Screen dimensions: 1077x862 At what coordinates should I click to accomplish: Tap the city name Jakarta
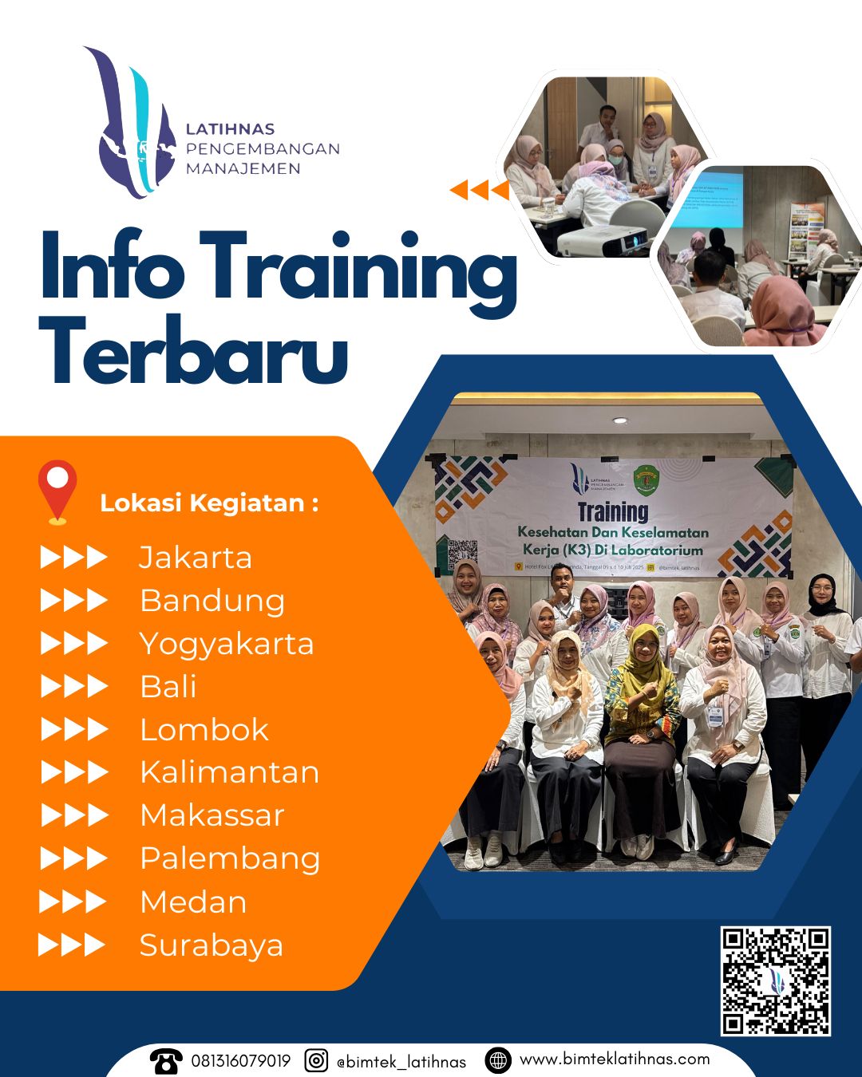pyautogui.click(x=196, y=557)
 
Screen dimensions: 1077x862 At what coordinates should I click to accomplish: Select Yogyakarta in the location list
pyautogui.click(x=227, y=644)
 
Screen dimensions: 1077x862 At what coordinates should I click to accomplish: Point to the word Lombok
pyautogui.click(x=204, y=730)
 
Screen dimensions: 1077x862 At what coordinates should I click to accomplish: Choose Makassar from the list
pyautogui.click(x=212, y=815)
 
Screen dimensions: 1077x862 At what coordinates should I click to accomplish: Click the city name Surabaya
pyautogui.click(x=212, y=945)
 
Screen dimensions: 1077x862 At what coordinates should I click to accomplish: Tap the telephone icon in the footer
pyautogui.click(x=166, y=1061)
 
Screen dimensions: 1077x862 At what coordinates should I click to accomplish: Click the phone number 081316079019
pyautogui.click(x=240, y=1061)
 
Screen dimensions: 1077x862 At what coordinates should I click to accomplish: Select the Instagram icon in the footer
pyautogui.click(x=317, y=1061)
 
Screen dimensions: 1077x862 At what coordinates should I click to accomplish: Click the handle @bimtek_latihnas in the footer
pyautogui.click(x=401, y=1062)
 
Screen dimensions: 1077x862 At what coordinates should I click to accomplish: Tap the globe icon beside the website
pyautogui.click(x=498, y=1060)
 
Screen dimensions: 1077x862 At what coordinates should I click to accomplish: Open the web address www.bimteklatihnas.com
pyautogui.click(x=615, y=1059)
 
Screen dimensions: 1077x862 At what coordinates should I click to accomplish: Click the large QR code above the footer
pyautogui.click(x=776, y=981)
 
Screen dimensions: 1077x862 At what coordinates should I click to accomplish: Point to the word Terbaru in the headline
pyautogui.click(x=194, y=351)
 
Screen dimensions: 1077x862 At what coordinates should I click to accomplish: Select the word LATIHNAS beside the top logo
pyautogui.click(x=230, y=129)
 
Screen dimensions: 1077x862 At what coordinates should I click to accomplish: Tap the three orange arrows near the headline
pyautogui.click(x=479, y=190)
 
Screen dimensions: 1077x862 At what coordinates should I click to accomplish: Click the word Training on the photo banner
pyautogui.click(x=612, y=511)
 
